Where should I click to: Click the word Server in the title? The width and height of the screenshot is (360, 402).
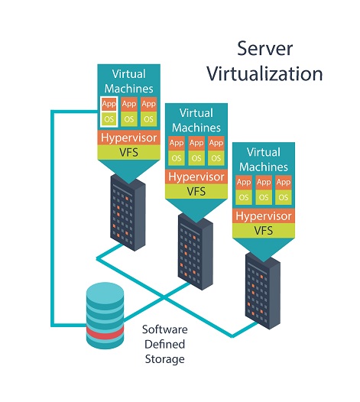(264, 48)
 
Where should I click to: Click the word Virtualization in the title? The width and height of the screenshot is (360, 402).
(264, 74)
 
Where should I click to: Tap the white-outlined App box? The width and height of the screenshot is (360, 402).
(109, 104)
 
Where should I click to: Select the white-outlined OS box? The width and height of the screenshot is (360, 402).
(109, 119)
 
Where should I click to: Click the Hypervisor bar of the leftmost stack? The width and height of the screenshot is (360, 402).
(128, 138)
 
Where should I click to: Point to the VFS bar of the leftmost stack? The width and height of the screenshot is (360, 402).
(128, 152)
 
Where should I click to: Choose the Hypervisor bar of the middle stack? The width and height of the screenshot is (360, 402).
(196, 177)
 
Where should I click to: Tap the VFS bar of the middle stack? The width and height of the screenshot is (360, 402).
(196, 192)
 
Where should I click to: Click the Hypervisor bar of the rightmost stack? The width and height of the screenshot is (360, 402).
(264, 216)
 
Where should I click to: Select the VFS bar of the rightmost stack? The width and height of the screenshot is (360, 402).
(264, 231)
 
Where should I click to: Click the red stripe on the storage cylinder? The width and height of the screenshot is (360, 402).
(105, 332)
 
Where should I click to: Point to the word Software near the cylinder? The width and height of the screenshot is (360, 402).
(164, 329)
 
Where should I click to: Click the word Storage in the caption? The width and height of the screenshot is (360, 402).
(164, 359)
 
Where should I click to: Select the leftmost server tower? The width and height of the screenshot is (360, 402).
(128, 212)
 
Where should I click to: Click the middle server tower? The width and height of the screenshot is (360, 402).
(196, 251)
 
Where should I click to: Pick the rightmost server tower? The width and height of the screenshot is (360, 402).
(263, 291)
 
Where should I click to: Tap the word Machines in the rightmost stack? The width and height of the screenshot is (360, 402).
(264, 167)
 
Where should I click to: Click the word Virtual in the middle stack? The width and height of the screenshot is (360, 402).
(196, 113)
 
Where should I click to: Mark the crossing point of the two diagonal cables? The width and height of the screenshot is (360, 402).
(164, 297)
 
